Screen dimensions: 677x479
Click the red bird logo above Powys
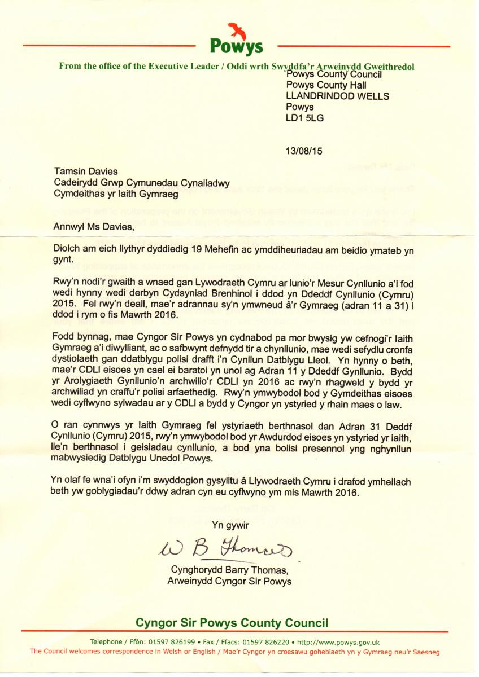[236, 29]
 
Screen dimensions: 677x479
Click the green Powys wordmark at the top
[237, 45]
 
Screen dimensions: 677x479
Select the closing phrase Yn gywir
[230, 525]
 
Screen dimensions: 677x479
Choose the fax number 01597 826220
[265, 642]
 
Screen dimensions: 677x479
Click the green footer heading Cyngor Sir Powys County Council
[232, 623]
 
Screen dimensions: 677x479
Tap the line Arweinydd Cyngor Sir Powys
[229, 581]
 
